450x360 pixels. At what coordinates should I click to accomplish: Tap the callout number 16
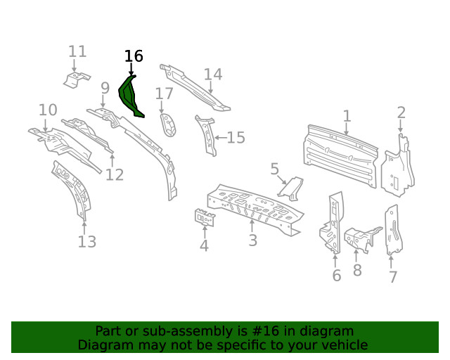coord(134,56)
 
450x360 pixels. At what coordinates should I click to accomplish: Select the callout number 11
coord(77,51)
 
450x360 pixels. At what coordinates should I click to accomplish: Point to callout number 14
coord(213,75)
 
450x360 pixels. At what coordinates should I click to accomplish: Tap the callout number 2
coord(401,112)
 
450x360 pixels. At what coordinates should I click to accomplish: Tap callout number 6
coord(337,276)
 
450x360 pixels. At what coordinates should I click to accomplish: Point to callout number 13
coord(86,242)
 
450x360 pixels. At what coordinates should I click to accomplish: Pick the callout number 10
coord(48,110)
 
